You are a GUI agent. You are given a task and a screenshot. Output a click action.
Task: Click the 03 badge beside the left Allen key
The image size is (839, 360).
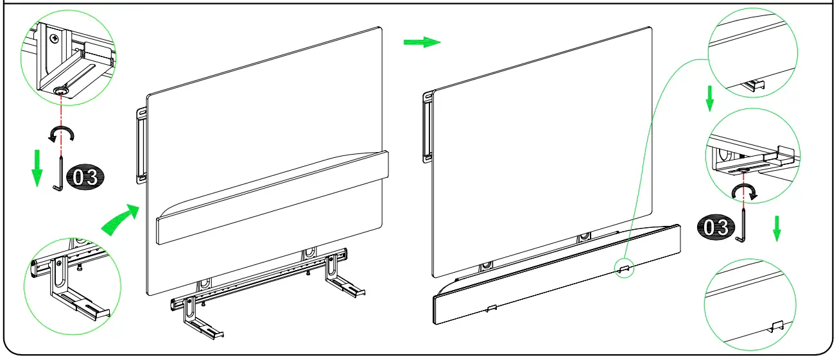(x=85, y=177)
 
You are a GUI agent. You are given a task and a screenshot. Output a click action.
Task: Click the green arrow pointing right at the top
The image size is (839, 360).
(x=422, y=42)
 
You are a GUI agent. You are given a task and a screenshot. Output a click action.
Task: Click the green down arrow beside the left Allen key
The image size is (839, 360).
(x=37, y=166)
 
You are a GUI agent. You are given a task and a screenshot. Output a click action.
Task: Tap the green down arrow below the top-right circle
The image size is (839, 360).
(x=709, y=98)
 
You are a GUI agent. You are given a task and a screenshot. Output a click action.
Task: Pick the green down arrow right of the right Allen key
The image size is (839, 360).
(x=777, y=228)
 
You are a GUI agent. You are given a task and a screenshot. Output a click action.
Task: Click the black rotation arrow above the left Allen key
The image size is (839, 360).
(x=62, y=133)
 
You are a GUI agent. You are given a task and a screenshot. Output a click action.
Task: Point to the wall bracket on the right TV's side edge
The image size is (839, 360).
(x=426, y=127)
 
